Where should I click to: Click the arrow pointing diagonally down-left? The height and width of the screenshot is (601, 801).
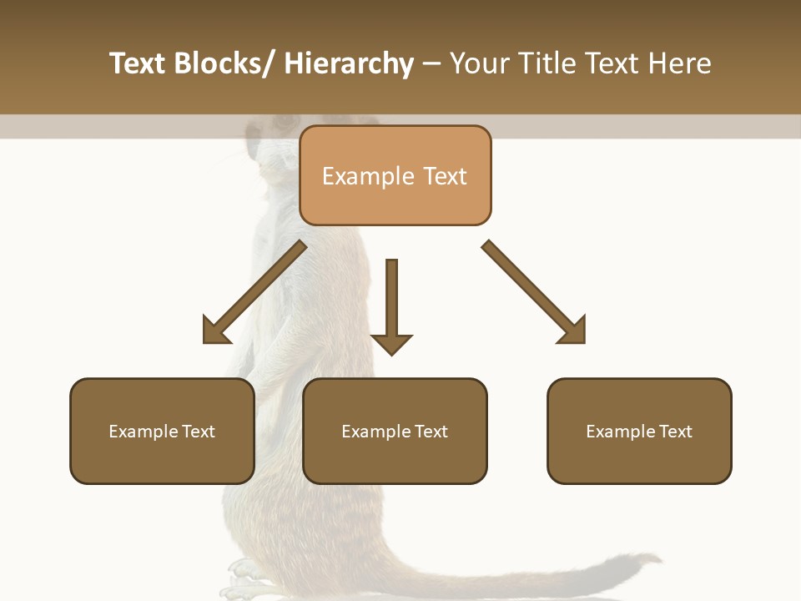click(254, 292)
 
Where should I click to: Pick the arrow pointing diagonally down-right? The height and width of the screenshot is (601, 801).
click(534, 292)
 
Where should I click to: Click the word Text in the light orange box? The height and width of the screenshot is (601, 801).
click(444, 176)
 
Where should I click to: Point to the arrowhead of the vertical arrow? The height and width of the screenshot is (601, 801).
click(391, 343)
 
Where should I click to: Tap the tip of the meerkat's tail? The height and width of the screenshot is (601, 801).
click(655, 558)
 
